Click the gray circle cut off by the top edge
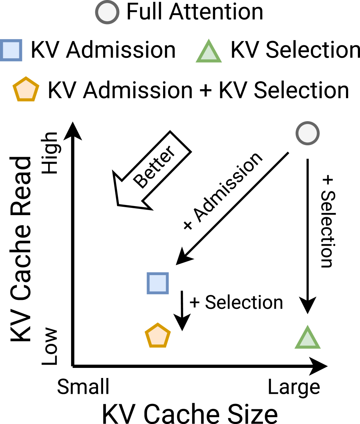[107, 12]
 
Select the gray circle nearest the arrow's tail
[308, 133]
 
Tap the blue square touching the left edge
[11, 50]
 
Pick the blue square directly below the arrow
[158, 283]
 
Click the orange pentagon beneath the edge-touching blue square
[26, 90]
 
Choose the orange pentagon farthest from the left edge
[158, 336]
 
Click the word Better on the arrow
[154, 167]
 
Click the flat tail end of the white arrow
[179, 143]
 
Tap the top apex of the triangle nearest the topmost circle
[209, 40]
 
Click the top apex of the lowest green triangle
[308, 326]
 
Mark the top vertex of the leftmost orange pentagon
[26, 78]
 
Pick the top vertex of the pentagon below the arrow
[158, 324]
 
